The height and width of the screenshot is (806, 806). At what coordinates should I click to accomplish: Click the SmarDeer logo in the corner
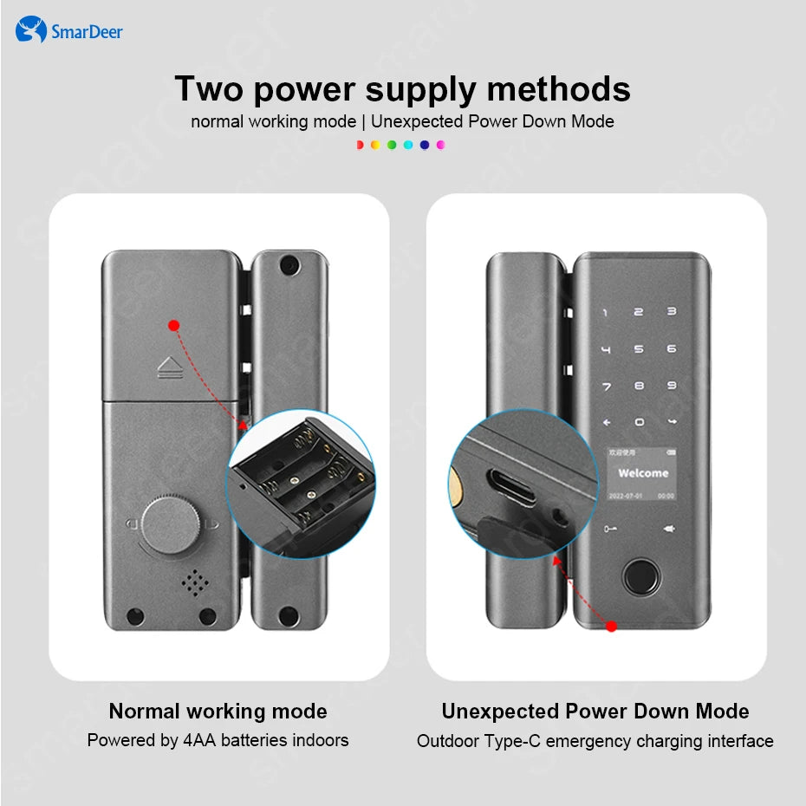69,31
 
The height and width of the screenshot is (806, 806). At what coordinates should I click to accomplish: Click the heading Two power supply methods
402,88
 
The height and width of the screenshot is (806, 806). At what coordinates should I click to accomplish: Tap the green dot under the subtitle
392,145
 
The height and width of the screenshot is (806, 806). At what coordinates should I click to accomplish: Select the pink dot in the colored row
440,145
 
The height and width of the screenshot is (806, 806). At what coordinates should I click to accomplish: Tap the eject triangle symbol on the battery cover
168,367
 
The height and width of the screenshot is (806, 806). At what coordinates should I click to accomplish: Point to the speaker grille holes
196,582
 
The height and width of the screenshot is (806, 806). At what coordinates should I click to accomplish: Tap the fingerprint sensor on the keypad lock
639,577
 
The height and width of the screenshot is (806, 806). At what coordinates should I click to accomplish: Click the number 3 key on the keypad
671,312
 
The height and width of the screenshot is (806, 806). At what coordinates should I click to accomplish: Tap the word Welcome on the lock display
642,473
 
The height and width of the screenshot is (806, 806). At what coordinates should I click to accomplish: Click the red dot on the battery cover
173,325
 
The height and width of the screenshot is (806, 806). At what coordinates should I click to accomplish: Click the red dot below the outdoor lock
611,625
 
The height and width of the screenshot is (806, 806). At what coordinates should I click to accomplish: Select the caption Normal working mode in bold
218,712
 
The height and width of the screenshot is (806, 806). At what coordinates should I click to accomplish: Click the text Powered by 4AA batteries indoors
218,740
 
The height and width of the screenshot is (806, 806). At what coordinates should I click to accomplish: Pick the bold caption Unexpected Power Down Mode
595,712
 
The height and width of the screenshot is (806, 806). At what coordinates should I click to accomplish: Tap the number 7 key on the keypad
606,386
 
